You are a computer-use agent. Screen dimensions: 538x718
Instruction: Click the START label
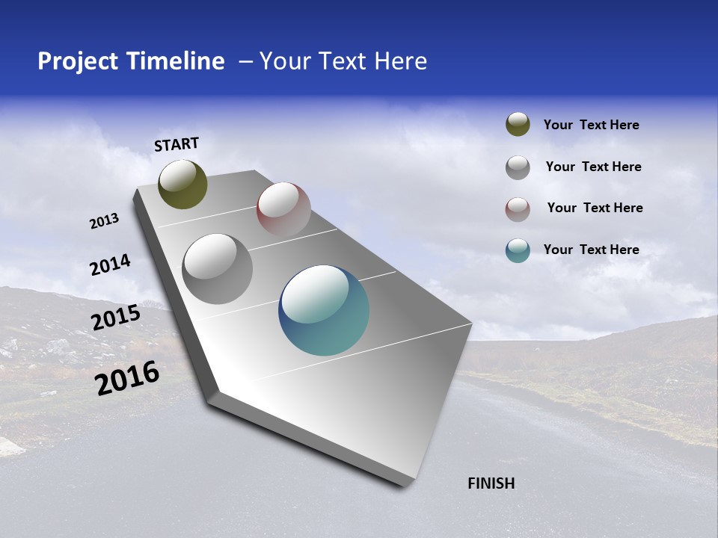[177, 144]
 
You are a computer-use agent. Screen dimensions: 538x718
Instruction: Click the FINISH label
[491, 483]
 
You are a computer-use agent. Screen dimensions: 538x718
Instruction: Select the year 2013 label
[104, 221]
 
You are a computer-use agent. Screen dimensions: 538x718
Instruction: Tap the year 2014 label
[110, 265]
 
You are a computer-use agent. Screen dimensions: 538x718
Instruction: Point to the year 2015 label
[115, 318]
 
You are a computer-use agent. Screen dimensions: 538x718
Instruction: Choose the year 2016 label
[127, 378]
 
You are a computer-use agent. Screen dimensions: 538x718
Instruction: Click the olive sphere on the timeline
[182, 185]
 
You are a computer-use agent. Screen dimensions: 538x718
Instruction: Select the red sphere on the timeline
[283, 209]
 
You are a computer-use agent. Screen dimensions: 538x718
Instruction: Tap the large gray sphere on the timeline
[218, 269]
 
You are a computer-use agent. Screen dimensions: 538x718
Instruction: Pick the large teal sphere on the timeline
[324, 311]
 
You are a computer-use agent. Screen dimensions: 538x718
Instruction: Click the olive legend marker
[518, 125]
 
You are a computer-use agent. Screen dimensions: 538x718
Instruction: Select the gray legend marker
[518, 167]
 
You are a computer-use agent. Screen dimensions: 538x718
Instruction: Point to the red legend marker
[518, 208]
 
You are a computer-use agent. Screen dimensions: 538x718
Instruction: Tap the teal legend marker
[518, 250]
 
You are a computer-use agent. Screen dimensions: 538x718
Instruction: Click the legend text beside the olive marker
[591, 126]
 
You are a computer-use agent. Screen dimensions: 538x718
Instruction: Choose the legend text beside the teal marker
[591, 250]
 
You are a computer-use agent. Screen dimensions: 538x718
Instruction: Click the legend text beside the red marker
[595, 208]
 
